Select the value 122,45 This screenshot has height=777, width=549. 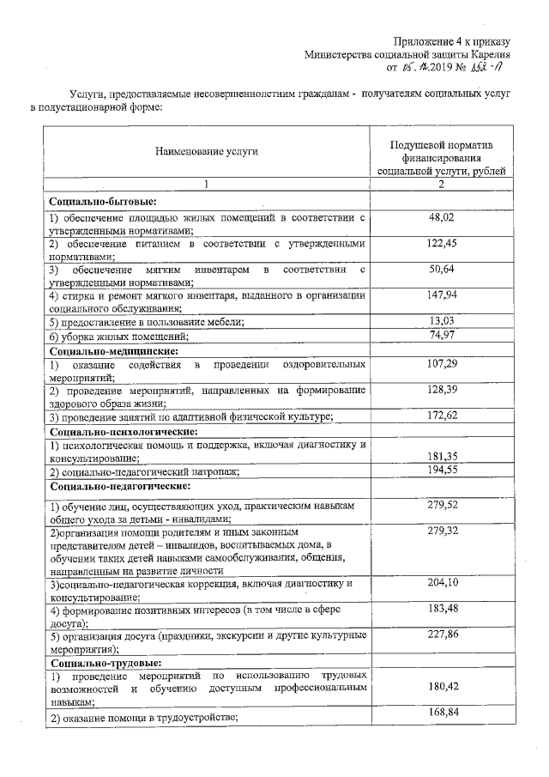coord(440,244)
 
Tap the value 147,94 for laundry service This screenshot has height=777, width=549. coord(440,294)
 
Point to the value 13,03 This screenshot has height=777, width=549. coord(440,320)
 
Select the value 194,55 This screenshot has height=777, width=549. coord(440,470)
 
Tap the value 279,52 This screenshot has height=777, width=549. coord(440,506)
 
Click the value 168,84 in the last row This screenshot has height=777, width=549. coord(440,712)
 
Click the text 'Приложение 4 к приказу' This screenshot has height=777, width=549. coord(452,41)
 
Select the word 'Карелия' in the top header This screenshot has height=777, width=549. coord(490,54)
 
